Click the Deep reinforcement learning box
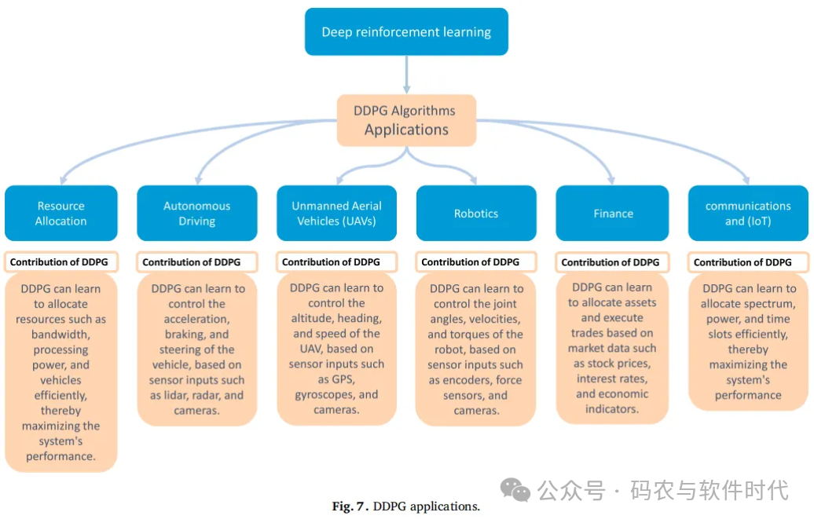(x=406, y=31)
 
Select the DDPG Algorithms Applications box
(x=406, y=120)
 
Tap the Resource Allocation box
(x=61, y=214)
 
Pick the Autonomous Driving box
(x=197, y=214)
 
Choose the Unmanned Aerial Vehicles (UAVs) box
(x=337, y=214)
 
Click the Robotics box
(x=476, y=214)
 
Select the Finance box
(x=613, y=214)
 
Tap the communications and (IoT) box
(x=748, y=214)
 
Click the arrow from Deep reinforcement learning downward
(x=406, y=75)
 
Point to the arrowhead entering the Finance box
(x=611, y=181)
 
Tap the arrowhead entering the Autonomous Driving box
(x=198, y=181)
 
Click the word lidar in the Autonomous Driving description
(x=174, y=395)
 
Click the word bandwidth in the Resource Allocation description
(x=60, y=335)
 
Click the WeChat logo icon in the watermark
(x=515, y=490)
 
